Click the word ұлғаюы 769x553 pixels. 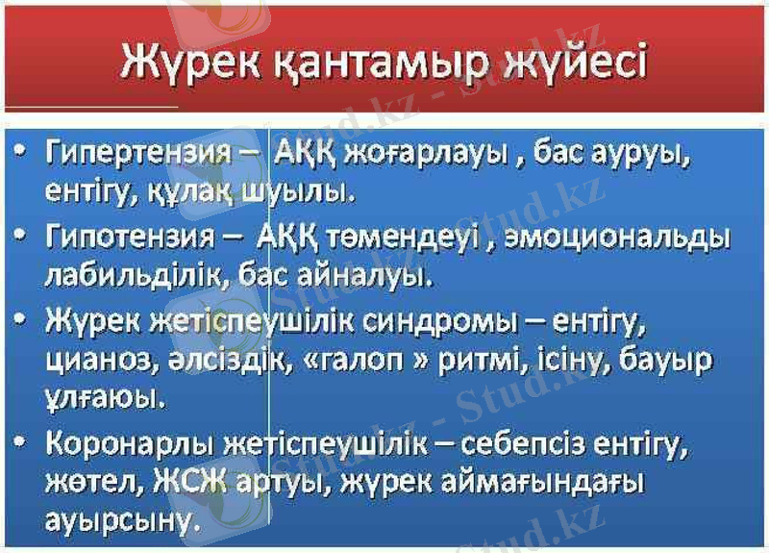click(92, 397)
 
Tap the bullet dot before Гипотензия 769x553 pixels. click(22, 235)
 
